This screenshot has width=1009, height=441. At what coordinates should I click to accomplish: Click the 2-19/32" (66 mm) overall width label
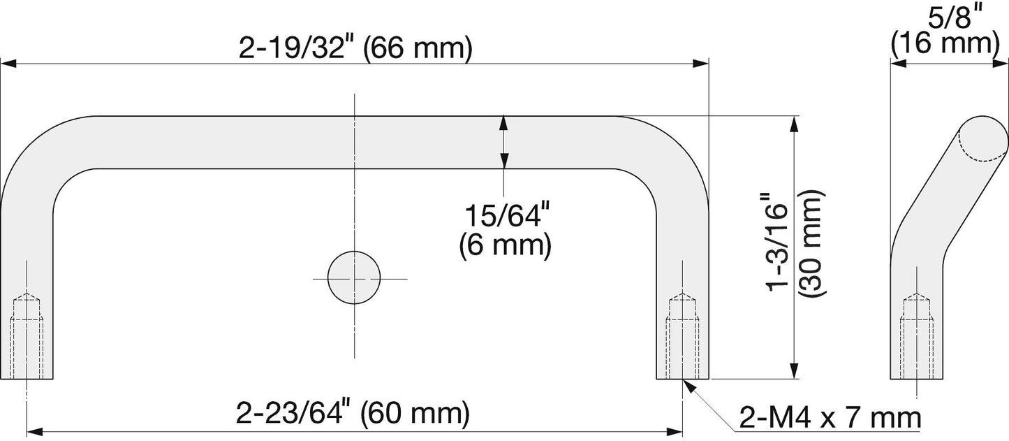click(355, 48)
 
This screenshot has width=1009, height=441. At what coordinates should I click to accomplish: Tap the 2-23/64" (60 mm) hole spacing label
click(353, 413)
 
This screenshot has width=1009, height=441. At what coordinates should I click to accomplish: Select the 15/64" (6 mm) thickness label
click(506, 231)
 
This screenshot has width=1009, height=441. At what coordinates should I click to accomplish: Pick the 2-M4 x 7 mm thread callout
click(830, 419)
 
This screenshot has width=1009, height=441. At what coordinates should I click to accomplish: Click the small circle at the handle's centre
click(354, 277)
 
